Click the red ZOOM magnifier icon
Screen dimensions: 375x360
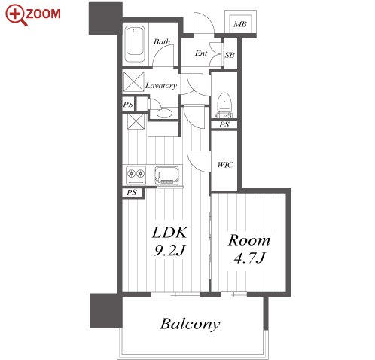click(x=15, y=14)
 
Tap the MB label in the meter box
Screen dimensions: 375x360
click(x=240, y=24)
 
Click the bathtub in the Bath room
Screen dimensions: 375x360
click(x=135, y=44)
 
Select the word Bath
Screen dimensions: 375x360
click(x=162, y=41)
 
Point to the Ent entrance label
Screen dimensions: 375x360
click(x=201, y=53)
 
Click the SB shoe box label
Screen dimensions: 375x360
click(x=230, y=55)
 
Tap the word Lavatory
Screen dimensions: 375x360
click(x=161, y=86)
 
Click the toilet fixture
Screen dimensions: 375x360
click(x=224, y=105)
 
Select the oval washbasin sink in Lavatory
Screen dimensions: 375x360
click(x=164, y=113)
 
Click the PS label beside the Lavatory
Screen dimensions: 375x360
click(x=128, y=105)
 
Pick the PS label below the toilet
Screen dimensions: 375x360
click(x=224, y=124)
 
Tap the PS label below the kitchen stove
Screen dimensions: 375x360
click(x=132, y=193)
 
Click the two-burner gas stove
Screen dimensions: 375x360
click(x=136, y=175)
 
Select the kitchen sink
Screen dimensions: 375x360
click(x=166, y=175)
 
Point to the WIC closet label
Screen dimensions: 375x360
click(x=225, y=165)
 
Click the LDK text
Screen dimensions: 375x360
click(x=169, y=233)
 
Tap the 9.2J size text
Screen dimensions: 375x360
click(x=169, y=250)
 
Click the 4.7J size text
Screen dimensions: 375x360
click(x=249, y=258)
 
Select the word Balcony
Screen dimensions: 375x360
click(x=190, y=324)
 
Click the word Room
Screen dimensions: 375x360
click(x=249, y=240)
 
